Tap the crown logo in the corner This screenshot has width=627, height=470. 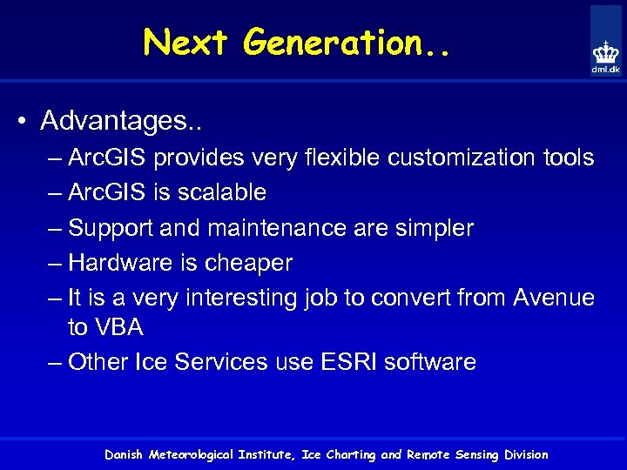tap(605, 50)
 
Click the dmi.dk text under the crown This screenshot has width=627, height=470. tap(605, 70)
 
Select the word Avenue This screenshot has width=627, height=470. tap(554, 298)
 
